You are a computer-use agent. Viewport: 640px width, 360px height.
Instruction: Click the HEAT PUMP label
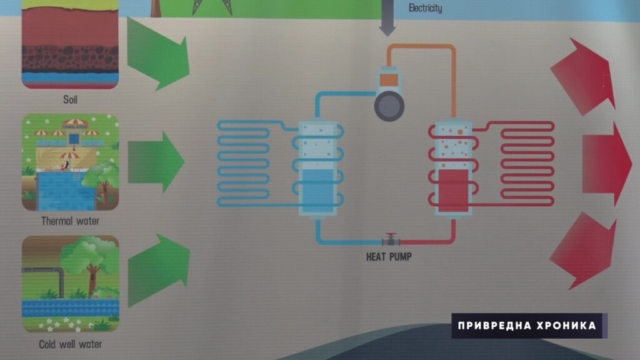(x=389, y=257)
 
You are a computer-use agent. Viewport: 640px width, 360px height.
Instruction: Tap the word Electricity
(x=425, y=8)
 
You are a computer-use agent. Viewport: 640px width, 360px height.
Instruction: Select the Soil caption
(x=70, y=99)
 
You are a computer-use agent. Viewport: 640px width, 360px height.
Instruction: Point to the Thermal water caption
(x=70, y=221)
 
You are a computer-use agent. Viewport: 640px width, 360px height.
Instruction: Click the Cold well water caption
(x=70, y=344)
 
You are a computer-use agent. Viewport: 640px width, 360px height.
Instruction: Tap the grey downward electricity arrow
(x=387, y=18)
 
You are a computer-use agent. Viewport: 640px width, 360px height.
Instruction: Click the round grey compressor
(x=389, y=106)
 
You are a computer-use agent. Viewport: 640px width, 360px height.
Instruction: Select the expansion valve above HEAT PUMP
(x=391, y=239)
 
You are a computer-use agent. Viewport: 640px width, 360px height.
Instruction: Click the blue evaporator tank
(x=318, y=168)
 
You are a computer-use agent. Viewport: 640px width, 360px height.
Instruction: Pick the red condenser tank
(x=454, y=168)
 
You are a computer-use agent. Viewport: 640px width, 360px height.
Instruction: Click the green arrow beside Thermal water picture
(x=156, y=162)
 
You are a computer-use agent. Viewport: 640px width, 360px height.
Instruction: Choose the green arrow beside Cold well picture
(x=159, y=270)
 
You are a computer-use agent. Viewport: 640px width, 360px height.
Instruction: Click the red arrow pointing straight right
(x=607, y=164)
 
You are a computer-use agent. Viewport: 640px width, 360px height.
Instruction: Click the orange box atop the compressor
(x=389, y=79)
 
